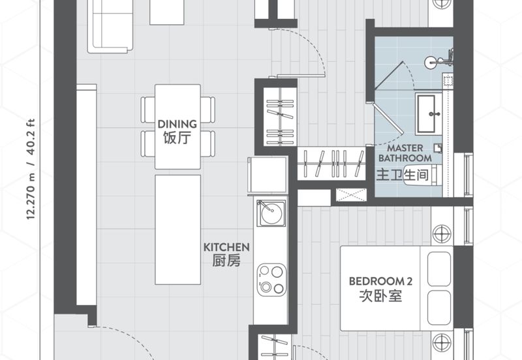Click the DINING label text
(x=177, y=124)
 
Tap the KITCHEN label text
(x=226, y=247)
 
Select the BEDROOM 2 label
(x=380, y=281)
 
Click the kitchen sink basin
(x=268, y=213)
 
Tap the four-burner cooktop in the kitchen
(x=270, y=278)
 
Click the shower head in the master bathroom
(x=431, y=63)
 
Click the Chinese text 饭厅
(x=177, y=138)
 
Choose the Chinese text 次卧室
(x=380, y=295)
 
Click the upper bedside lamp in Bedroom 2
(x=442, y=233)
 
